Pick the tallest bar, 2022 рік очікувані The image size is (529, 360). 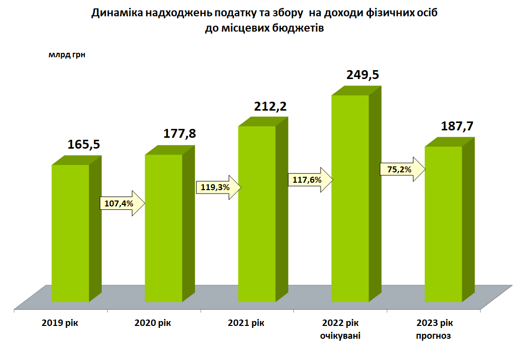click(x=350, y=198)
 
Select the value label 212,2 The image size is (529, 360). click(x=271, y=106)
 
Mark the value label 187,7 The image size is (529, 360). click(x=457, y=126)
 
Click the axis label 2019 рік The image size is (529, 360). click(x=60, y=323)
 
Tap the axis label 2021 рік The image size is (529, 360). click(x=246, y=323)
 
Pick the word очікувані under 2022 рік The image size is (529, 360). click(x=340, y=336)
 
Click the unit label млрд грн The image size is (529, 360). click(x=67, y=55)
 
